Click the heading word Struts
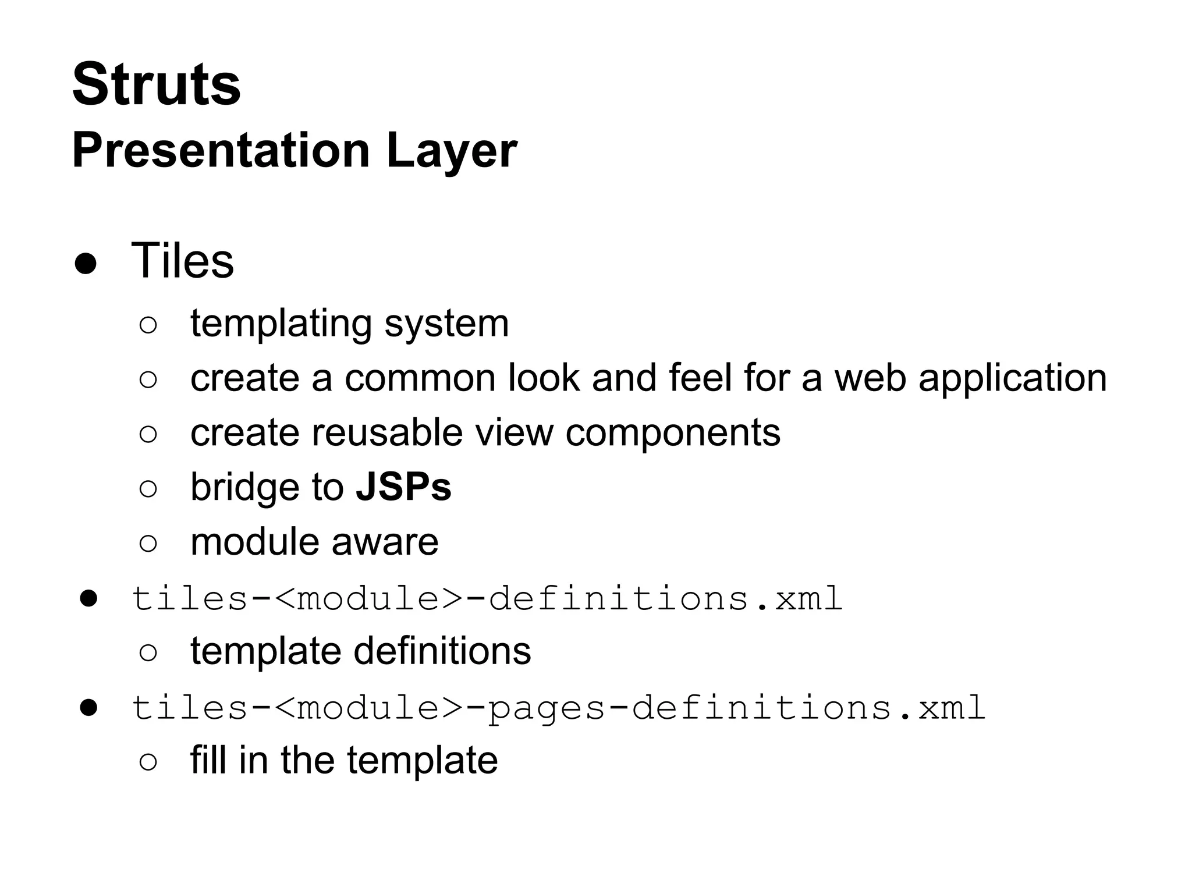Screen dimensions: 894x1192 (156, 84)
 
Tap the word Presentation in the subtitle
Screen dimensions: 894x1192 (221, 151)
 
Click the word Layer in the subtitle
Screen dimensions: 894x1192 (451, 151)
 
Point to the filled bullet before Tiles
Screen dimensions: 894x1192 (86, 264)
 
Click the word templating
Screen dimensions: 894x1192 (281, 324)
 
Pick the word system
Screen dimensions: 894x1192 (446, 325)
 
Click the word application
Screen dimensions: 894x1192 (1012, 378)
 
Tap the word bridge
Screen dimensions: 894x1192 (246, 487)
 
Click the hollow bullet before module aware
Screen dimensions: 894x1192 (148, 544)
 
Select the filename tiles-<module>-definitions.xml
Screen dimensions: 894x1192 (487, 598)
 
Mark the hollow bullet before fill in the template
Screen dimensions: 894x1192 (148, 762)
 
